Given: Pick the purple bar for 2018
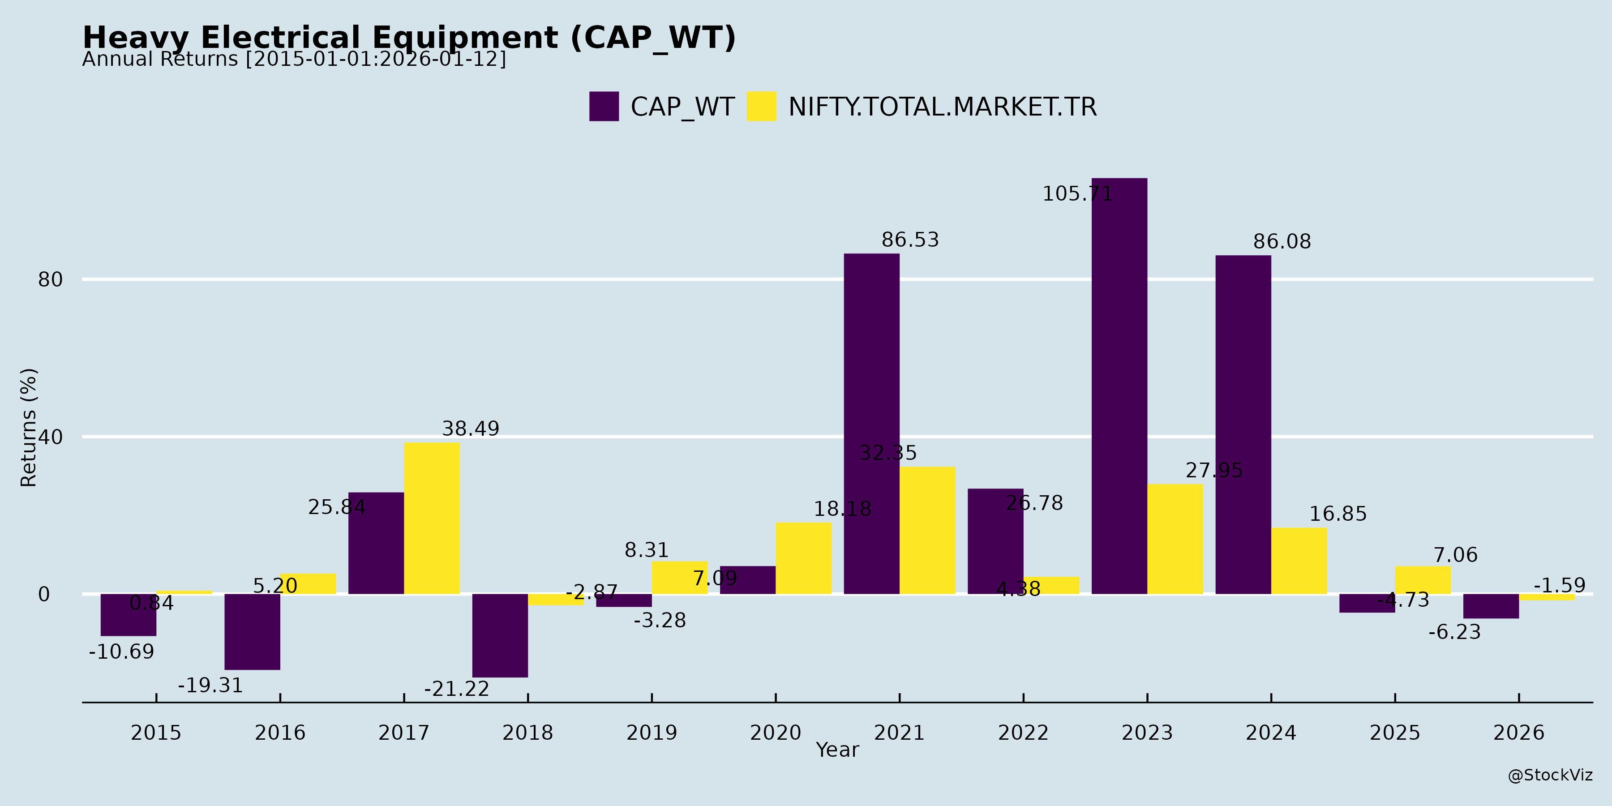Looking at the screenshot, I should click(x=500, y=635).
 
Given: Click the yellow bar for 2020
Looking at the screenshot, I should click(x=803, y=558).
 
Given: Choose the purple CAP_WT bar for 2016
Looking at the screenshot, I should click(x=252, y=631).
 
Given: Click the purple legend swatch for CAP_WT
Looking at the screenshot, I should click(x=604, y=107).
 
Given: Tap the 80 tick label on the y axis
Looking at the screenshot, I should click(x=51, y=280).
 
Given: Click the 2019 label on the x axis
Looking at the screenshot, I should click(x=652, y=733).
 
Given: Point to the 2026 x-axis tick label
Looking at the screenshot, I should click(x=1519, y=733).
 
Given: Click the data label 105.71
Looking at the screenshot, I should click(x=1077, y=194).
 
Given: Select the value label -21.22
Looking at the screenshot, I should click(x=457, y=689).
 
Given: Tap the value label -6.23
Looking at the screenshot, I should click(x=1454, y=632).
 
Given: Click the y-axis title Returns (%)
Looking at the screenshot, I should click(x=29, y=428).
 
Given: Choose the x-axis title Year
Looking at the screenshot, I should click(x=837, y=750).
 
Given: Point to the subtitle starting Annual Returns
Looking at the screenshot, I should click(x=294, y=60).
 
